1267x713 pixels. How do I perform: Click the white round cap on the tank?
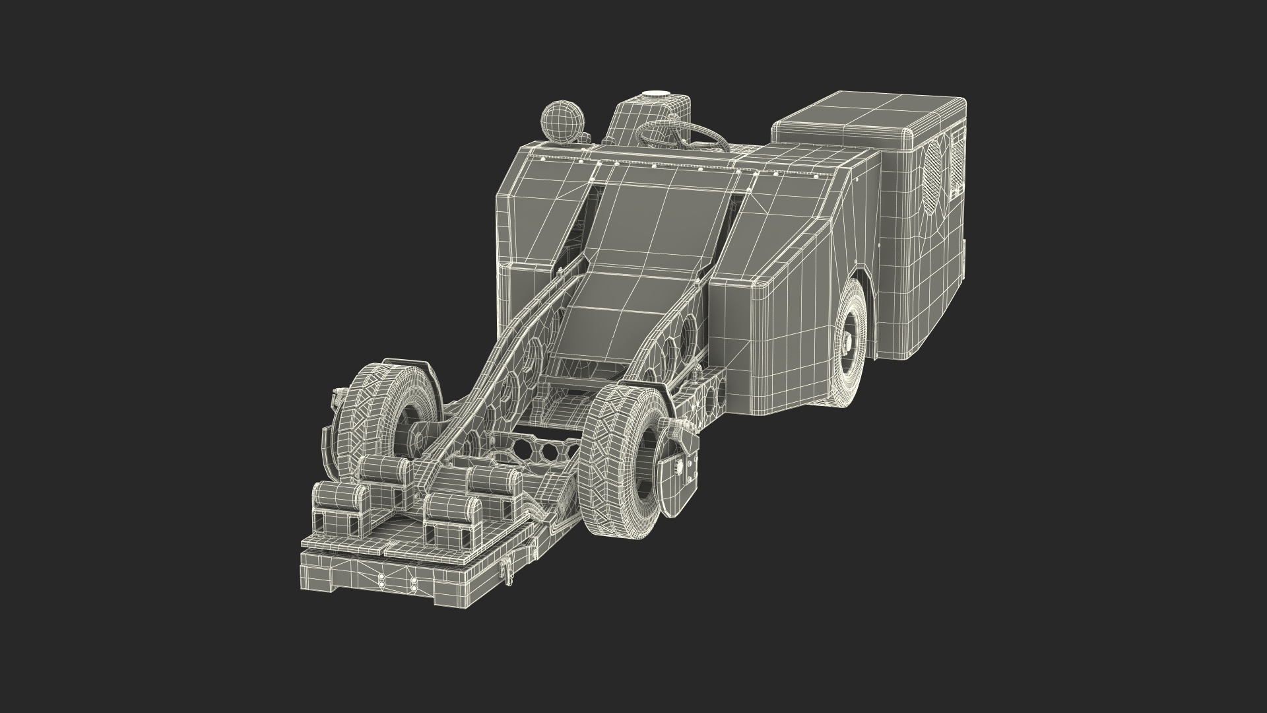click(655, 96)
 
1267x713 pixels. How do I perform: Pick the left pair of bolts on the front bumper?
click(381, 580)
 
